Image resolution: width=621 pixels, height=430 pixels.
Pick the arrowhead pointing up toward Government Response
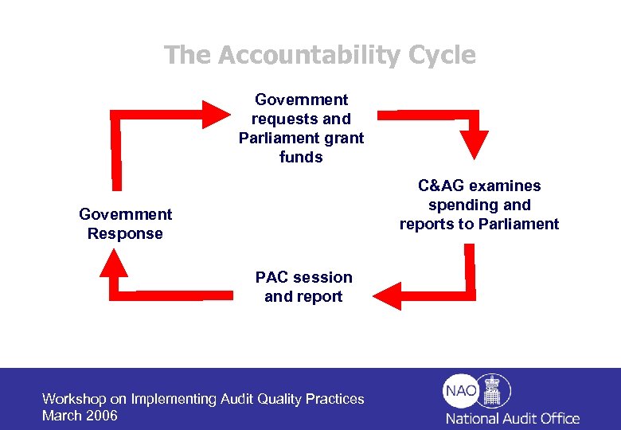tap(118, 264)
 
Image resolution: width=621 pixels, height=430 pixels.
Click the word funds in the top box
tap(301, 157)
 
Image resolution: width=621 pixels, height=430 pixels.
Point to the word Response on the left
tap(125, 233)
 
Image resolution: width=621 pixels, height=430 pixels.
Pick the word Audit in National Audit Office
tap(520, 418)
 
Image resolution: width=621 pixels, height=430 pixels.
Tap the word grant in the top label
tap(342, 138)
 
